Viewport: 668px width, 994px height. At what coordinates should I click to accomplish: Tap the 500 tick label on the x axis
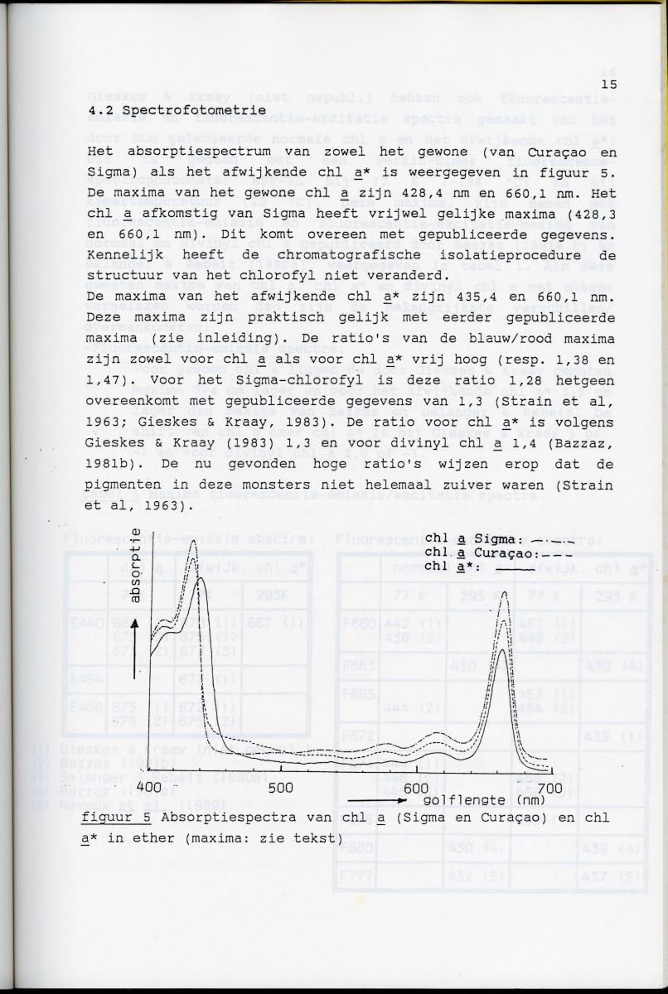[x=281, y=786]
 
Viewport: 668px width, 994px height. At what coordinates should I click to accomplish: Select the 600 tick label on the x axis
[x=416, y=786]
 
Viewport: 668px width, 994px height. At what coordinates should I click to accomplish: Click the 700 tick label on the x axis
[x=549, y=786]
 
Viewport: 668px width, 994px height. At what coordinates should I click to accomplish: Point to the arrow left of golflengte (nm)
[x=377, y=801]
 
